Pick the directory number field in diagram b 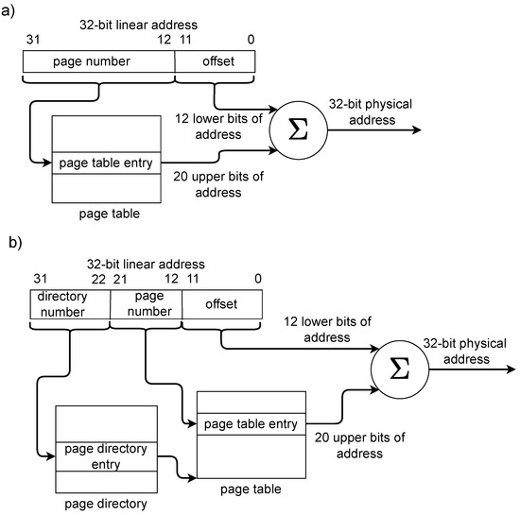coord(69,303)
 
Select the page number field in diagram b coord(145,303)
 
